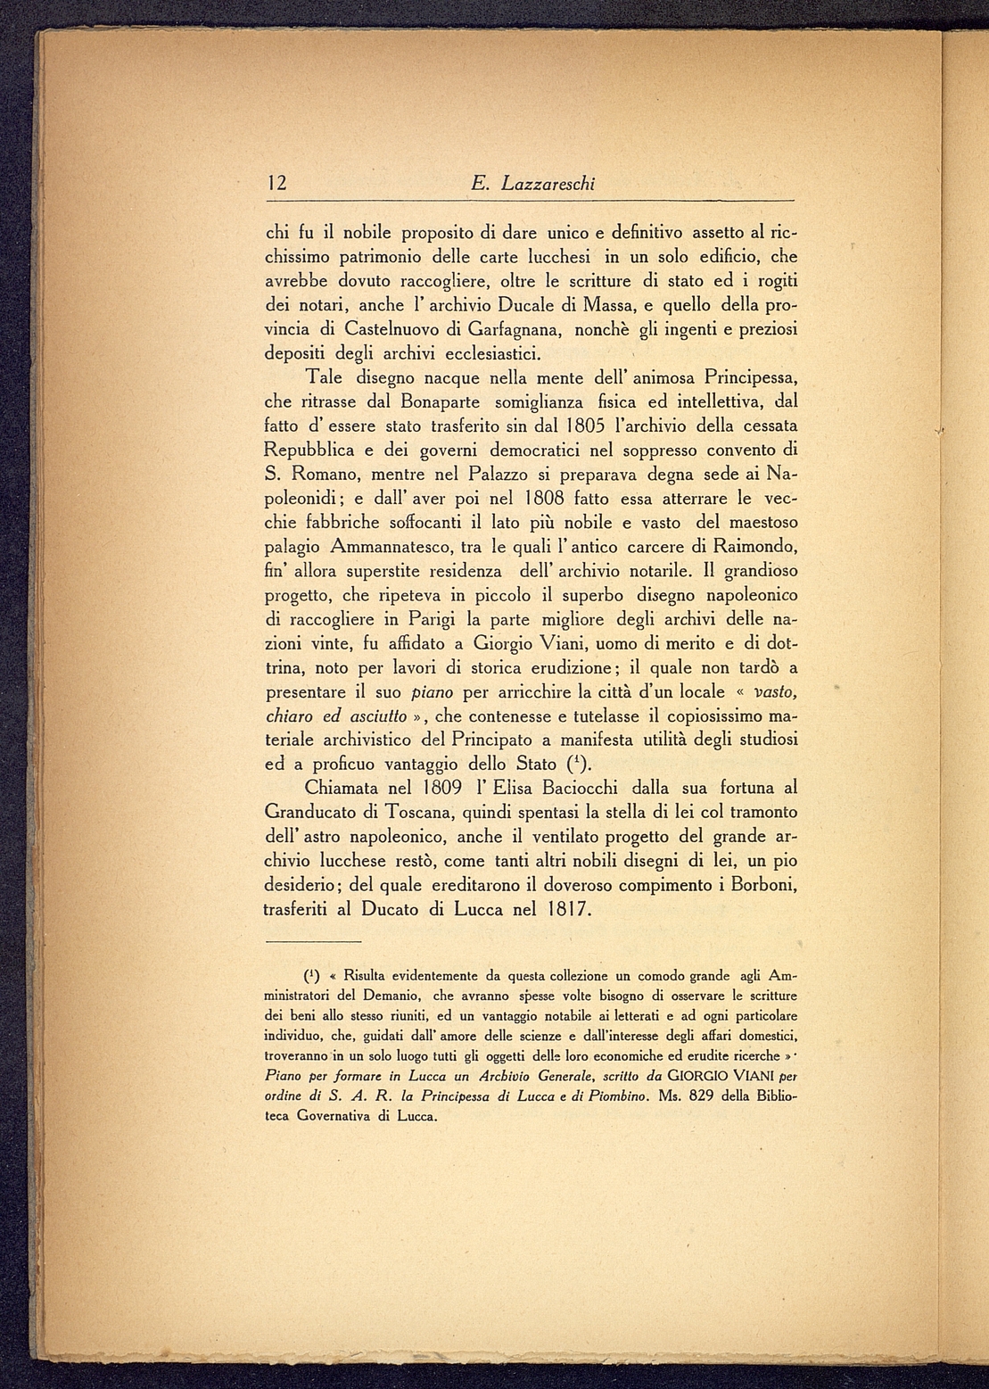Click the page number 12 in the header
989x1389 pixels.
276,185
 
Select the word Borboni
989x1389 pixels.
757,886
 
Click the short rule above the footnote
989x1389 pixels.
313,941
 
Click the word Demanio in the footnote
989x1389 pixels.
391,995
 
